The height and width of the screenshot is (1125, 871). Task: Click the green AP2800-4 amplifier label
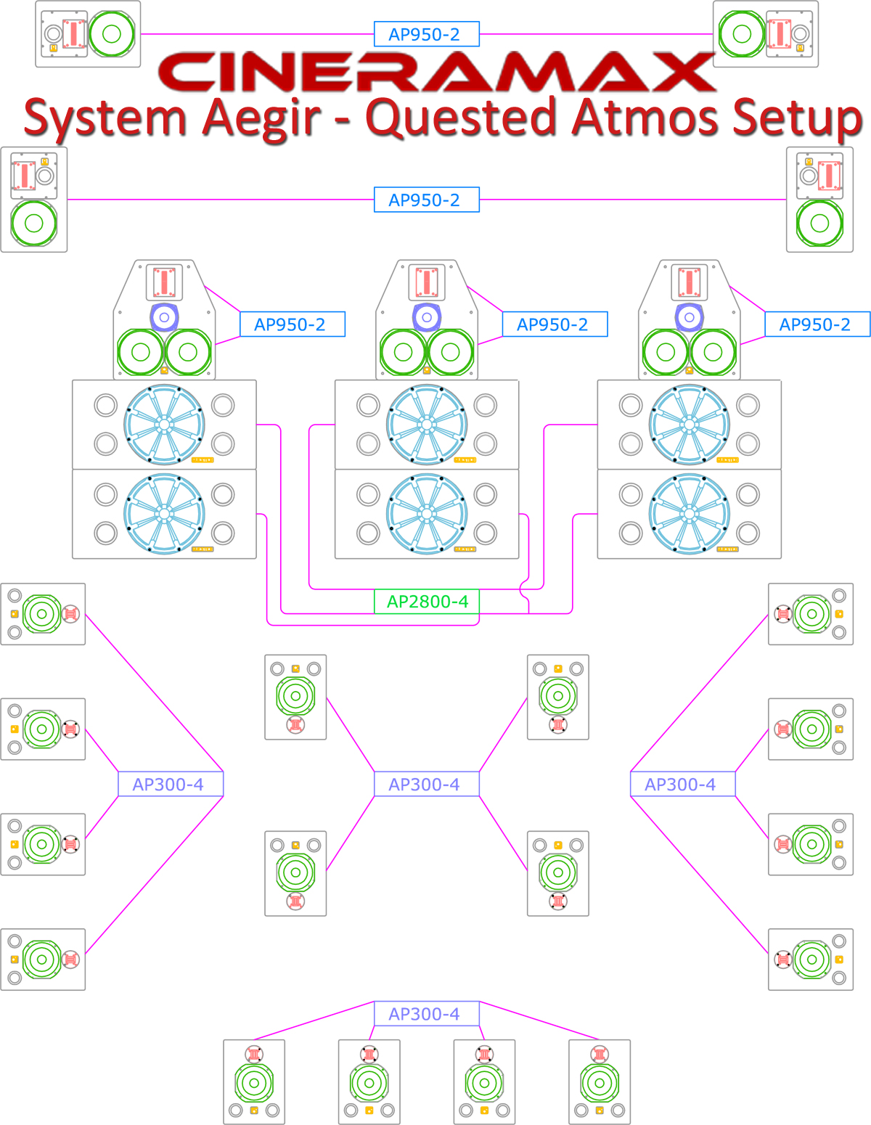pyautogui.click(x=427, y=602)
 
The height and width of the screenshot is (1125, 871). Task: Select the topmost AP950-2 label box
pyautogui.click(x=427, y=34)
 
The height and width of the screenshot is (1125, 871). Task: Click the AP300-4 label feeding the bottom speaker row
pyautogui.click(x=427, y=1014)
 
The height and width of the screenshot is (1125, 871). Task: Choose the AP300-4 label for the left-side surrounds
pyautogui.click(x=171, y=784)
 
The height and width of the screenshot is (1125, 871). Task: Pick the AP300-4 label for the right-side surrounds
pyautogui.click(x=682, y=784)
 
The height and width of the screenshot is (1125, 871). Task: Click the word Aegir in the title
pyautogui.click(x=261, y=118)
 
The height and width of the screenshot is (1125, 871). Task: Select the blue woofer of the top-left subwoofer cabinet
pyautogui.click(x=164, y=425)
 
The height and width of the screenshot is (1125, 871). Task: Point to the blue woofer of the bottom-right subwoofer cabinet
pyautogui.click(x=689, y=514)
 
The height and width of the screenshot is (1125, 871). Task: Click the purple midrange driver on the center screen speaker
pyautogui.click(x=427, y=317)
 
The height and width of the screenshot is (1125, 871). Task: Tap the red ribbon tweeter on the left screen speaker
pyautogui.click(x=164, y=282)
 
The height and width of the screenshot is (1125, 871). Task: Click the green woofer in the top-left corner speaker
pyautogui.click(x=111, y=33)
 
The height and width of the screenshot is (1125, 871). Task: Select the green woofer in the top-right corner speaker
pyautogui.click(x=742, y=33)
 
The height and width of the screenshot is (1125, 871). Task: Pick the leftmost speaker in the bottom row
pyautogui.click(x=254, y=1081)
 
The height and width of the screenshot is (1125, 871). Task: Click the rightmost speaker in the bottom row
pyautogui.click(x=600, y=1081)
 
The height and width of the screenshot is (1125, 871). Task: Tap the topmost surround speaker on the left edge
pyautogui.click(x=43, y=614)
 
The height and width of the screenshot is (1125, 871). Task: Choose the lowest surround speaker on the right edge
pyautogui.click(x=811, y=960)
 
